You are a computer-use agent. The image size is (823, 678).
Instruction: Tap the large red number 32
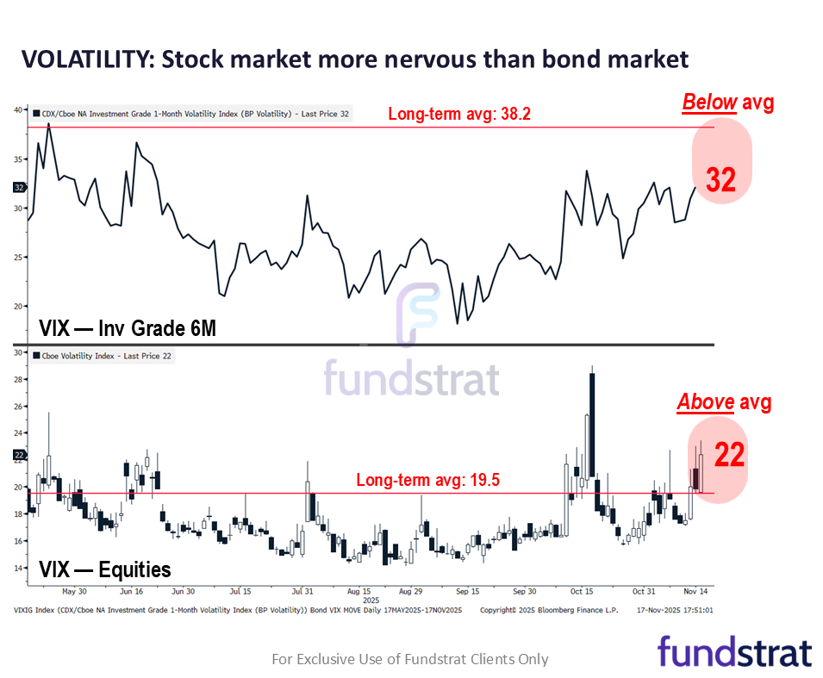pos(721,179)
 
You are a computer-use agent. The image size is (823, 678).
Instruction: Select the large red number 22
pos(729,455)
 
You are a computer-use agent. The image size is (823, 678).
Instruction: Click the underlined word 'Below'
pos(709,103)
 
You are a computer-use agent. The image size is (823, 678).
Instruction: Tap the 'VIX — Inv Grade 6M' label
pos(127,328)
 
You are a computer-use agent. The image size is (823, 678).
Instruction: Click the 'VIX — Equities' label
pos(105,569)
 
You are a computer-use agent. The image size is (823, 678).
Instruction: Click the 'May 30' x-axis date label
pos(75,592)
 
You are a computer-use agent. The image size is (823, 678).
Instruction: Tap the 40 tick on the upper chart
pos(18,109)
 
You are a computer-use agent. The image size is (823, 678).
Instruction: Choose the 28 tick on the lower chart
pos(18,379)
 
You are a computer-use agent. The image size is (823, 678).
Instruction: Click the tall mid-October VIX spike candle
pos(592,422)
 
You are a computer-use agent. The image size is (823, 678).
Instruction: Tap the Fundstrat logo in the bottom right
pos(734,652)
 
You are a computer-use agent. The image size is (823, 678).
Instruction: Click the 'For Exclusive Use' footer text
pos(409,659)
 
